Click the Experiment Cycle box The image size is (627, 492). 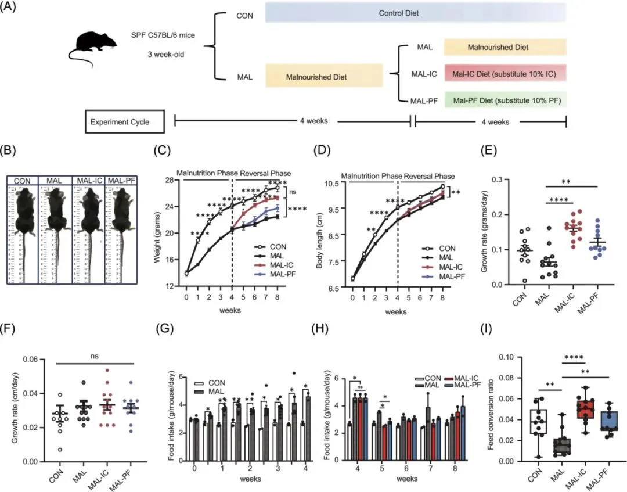tap(124, 122)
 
